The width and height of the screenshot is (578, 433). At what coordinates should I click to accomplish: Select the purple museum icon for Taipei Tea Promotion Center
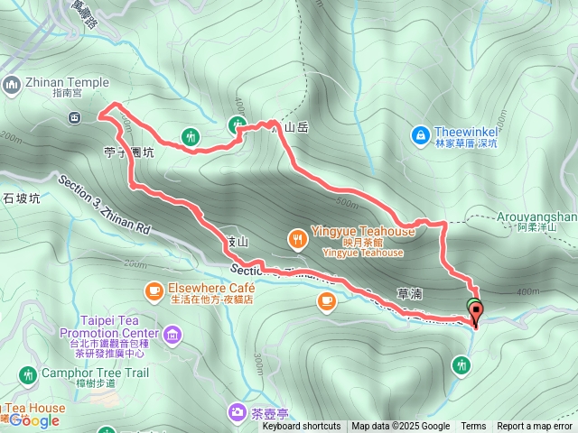coord(172,336)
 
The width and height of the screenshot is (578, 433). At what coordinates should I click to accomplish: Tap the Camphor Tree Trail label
coord(80,372)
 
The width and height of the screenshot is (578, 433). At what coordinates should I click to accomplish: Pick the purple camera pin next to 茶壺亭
coord(237,413)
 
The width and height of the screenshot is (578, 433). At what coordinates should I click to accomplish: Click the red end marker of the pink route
coord(476,312)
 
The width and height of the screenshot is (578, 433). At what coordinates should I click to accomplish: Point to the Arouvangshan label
coord(536,216)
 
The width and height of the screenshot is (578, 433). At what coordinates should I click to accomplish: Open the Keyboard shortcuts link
coord(302,427)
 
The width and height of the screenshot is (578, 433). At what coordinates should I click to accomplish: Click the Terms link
coord(473,427)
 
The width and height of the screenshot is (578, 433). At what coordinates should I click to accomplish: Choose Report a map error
coord(536,427)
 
